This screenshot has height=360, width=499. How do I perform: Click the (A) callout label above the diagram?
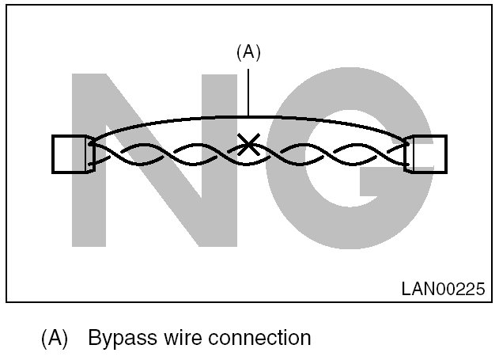click(x=248, y=52)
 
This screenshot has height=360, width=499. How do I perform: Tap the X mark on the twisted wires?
click(x=249, y=144)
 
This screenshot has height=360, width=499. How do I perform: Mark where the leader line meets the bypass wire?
click(x=248, y=116)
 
